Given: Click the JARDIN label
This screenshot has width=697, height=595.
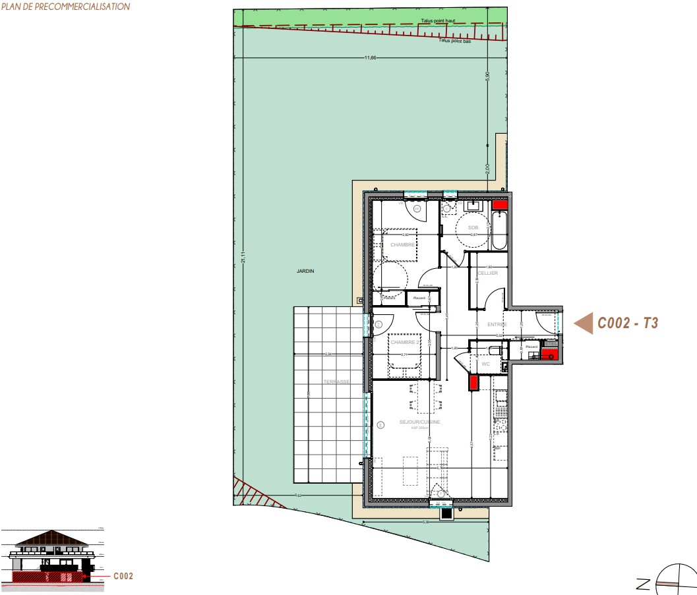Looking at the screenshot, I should pyautogui.click(x=305, y=271).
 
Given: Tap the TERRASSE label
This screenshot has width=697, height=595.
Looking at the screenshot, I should pyautogui.click(x=336, y=382).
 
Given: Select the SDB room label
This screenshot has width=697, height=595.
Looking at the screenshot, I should pyautogui.click(x=473, y=227).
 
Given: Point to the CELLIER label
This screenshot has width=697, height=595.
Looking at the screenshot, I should pyautogui.click(x=488, y=273).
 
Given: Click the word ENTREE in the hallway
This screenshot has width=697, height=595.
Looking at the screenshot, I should pyautogui.click(x=497, y=324).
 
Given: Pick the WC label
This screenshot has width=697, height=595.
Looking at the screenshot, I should pyautogui.click(x=486, y=363).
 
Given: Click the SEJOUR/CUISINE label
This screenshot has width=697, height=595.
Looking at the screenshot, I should pyautogui.click(x=419, y=422).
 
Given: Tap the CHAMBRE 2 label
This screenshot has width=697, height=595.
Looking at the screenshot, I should pyautogui.click(x=404, y=343).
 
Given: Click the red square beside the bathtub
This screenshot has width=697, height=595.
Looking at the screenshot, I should pyautogui.click(x=500, y=205).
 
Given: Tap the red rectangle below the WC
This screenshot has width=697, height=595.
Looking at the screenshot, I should pyautogui.click(x=473, y=383).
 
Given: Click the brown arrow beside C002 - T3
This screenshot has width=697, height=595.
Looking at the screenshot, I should pyautogui.click(x=584, y=323).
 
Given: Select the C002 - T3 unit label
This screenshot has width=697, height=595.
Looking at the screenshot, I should pyautogui.click(x=628, y=323).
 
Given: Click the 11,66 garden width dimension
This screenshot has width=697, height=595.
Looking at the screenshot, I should pyautogui.click(x=370, y=58).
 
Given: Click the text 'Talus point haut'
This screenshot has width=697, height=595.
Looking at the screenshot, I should pyautogui.click(x=438, y=20).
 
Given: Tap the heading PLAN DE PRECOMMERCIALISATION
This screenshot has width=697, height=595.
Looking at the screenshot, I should pyautogui.click(x=65, y=7).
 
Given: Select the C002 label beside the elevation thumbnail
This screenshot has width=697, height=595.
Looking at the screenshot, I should pyautogui.click(x=123, y=576).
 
